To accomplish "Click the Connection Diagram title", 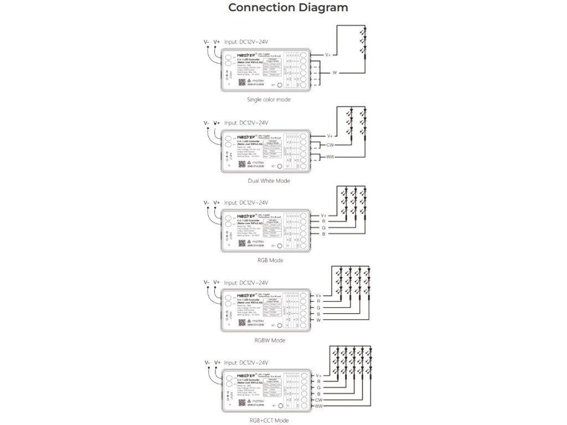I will point(288,8).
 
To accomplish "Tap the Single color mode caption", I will point(269,100).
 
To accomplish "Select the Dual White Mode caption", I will point(269,180).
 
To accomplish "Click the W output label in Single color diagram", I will point(334,73).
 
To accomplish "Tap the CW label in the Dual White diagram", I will point(330,145).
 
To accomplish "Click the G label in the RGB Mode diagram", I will point(324,227).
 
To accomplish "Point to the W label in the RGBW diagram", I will point(318,320).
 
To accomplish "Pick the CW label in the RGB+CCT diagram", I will point(319,400).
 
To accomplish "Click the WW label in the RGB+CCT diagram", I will point(319,407).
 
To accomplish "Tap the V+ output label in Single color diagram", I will point(328,55).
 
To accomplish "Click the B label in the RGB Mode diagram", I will point(324,234).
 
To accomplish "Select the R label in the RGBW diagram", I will point(318,301).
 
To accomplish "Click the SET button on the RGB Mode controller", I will point(280,245).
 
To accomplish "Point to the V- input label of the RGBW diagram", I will point(207,282).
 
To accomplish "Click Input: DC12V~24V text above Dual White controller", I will point(246,122).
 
